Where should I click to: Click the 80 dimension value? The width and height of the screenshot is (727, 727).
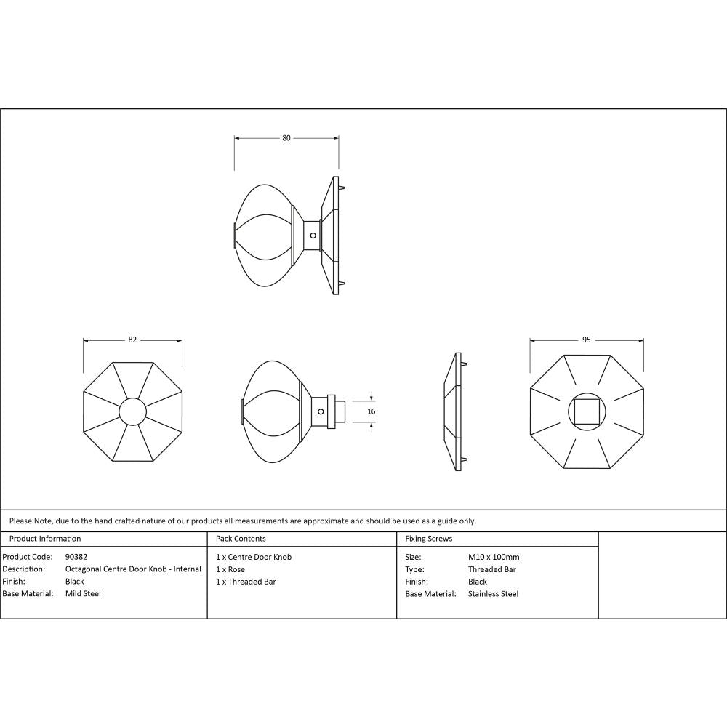286,138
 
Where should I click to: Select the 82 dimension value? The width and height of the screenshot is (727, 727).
132,340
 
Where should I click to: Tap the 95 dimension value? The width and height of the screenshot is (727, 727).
587,340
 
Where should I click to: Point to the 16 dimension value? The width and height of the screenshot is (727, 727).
371,411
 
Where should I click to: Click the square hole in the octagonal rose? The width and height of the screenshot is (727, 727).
587,412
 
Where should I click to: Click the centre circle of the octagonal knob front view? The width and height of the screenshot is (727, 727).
132,412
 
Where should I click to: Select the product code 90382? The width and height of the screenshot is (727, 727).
76,557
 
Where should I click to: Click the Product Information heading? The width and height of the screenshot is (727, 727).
45,539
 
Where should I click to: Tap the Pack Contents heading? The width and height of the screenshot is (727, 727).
241,539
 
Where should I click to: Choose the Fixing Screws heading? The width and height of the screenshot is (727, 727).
429,539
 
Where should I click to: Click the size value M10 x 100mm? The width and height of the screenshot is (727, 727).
494,557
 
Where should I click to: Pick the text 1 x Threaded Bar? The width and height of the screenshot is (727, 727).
246,582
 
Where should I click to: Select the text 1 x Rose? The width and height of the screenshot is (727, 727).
230,569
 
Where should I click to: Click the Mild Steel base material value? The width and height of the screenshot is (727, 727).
83,594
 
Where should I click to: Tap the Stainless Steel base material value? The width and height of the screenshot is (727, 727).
493,594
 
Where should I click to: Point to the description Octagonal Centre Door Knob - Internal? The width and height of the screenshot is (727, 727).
133,569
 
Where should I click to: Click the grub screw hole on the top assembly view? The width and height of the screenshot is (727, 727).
313,236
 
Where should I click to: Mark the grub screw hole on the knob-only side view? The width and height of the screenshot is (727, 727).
320,412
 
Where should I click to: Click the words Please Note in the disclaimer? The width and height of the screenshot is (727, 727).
30,521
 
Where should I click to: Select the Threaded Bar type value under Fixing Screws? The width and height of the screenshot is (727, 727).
491,569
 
